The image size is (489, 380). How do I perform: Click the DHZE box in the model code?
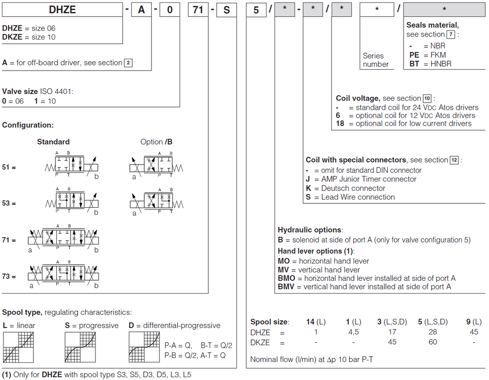tap(63, 9)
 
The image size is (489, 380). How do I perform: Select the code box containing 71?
tap(198, 9)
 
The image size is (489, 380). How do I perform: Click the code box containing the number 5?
tap(256, 9)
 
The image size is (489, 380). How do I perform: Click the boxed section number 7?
tap(450, 34)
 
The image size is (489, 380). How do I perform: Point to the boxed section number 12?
tap(454, 160)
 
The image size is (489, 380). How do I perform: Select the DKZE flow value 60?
tap(433, 342)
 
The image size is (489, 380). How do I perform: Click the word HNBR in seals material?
tap(440, 63)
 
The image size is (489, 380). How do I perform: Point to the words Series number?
tap(376, 60)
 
